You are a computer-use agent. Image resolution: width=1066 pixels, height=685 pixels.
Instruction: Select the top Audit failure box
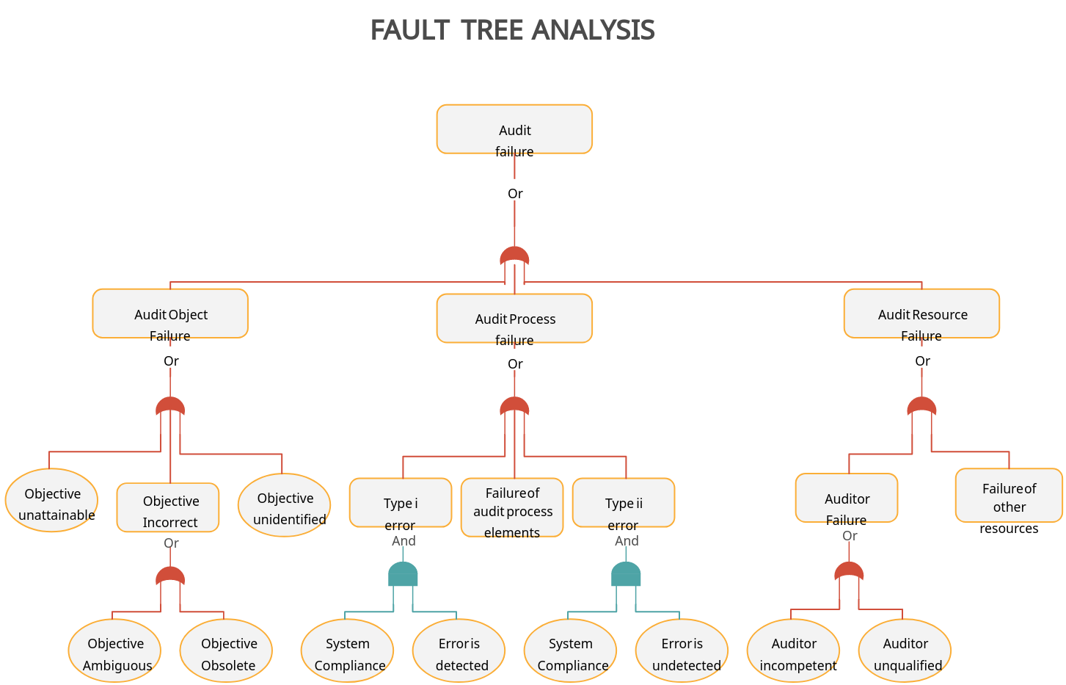click(514, 129)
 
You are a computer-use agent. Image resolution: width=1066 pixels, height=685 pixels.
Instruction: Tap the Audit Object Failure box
click(170, 313)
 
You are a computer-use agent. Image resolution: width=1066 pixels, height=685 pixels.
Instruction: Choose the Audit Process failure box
click(514, 318)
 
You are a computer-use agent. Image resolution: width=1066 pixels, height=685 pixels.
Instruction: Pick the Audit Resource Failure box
click(921, 313)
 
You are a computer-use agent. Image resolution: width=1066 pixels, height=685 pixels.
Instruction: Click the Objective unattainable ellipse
click(52, 501)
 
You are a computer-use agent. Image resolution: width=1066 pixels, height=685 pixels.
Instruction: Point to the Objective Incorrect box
click(168, 507)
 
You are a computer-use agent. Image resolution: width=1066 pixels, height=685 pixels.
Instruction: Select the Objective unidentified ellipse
click(285, 505)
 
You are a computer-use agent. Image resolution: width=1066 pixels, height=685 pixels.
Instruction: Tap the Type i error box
click(401, 503)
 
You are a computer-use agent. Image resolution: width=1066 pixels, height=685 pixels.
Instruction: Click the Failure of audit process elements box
click(512, 508)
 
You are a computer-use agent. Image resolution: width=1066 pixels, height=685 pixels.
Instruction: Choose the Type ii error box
click(624, 503)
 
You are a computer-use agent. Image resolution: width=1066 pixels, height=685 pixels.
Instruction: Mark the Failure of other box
click(1009, 496)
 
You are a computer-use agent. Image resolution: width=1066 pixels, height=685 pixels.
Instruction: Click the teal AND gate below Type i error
click(403, 575)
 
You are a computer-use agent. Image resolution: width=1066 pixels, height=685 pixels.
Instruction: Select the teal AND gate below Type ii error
click(626, 575)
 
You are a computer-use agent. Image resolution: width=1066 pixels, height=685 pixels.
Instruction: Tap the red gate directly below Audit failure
click(514, 256)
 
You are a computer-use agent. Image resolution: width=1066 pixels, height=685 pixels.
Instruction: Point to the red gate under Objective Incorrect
click(170, 576)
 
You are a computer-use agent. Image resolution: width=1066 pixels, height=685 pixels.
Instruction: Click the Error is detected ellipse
click(459, 651)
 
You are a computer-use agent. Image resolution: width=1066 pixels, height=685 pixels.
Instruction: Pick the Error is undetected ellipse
click(682, 651)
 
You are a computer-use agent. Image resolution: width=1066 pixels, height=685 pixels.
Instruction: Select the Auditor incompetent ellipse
click(794, 651)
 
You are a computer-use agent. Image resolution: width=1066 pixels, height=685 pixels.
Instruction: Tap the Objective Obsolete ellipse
click(227, 651)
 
